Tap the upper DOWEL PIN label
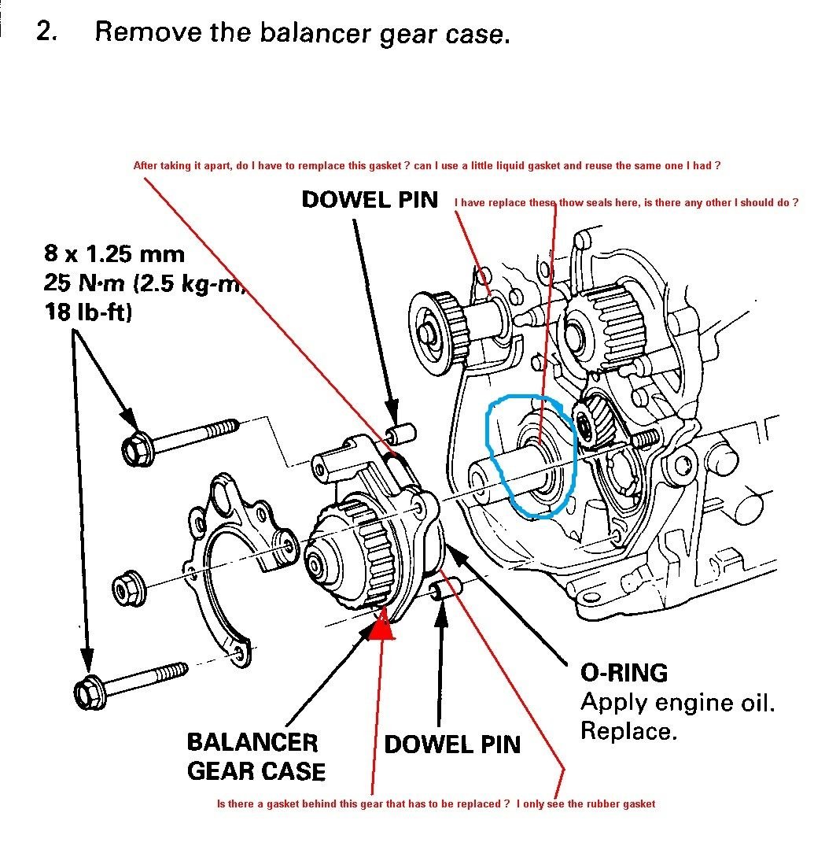pos(370,200)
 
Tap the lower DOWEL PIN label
pos(452,744)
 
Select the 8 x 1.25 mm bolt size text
pos(114,254)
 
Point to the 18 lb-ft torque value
pos(88,312)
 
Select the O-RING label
pos(624,673)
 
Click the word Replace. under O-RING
pos(628,731)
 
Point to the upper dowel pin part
pos(404,434)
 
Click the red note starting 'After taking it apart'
pos(427,166)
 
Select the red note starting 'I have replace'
pos(626,203)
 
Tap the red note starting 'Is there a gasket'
pos(435,804)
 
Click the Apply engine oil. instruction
pos(677,702)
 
